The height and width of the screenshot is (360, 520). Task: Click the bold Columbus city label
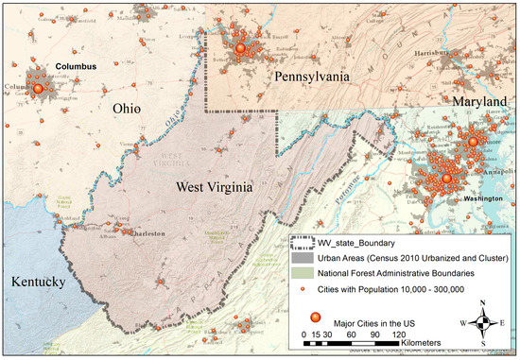[77, 67]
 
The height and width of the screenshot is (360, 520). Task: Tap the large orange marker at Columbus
[39, 88]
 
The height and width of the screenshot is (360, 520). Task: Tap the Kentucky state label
[38, 283]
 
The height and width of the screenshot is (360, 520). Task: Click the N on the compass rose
[483, 303]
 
